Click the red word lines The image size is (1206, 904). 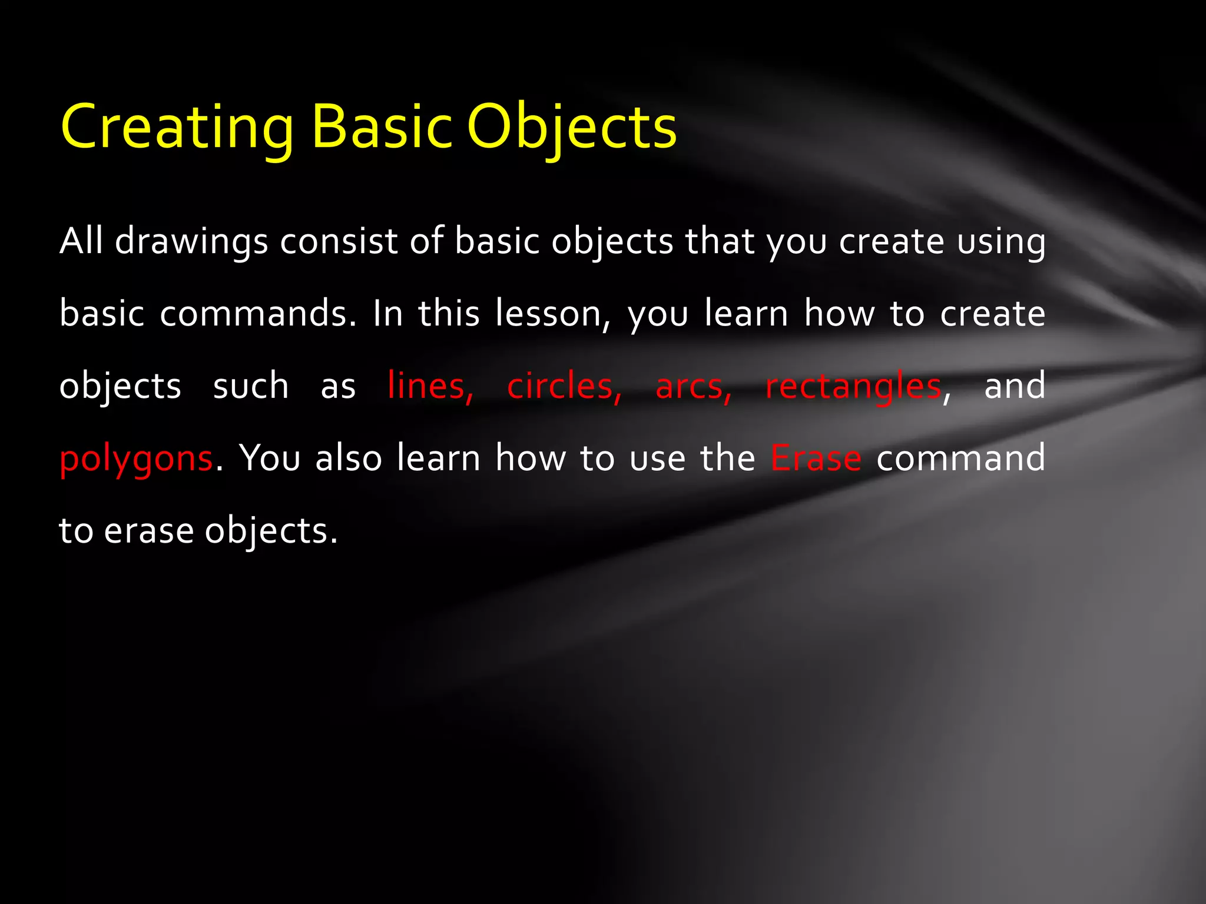pyautogui.click(x=430, y=387)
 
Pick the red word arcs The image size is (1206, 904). pyautogui.click(x=693, y=387)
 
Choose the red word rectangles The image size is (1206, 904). pyautogui.click(x=853, y=387)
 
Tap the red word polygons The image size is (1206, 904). pyautogui.click(x=136, y=459)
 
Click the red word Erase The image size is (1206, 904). pyautogui.click(x=816, y=459)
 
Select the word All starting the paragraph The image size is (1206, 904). pyautogui.click(x=81, y=241)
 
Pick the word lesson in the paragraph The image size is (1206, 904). pyautogui.click(x=548, y=314)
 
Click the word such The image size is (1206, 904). pyautogui.click(x=251, y=387)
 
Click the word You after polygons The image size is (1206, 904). pyautogui.click(x=270, y=459)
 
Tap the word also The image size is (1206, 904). pyautogui.click(x=349, y=459)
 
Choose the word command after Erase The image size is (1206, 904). pyautogui.click(x=960, y=459)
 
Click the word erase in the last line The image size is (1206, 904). pyautogui.click(x=149, y=531)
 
